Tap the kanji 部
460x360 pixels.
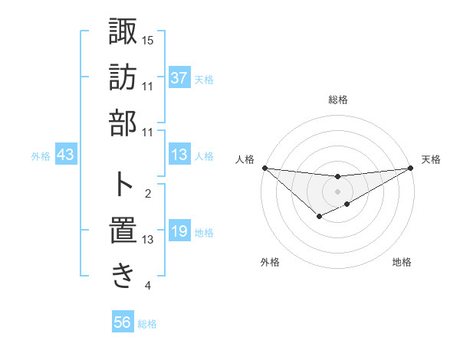tap(123, 121)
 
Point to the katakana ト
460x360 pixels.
tap(123, 184)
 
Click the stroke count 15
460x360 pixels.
tap(148, 40)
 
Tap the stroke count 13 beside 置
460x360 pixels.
tap(148, 240)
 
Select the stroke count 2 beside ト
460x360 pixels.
tap(148, 194)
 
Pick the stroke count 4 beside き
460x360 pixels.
tap(148, 286)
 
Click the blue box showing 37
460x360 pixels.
tap(179, 78)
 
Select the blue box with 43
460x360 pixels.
tap(66, 155)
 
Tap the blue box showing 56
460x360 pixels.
tap(123, 323)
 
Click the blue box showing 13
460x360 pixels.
tap(179, 155)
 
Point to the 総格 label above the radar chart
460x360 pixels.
tap(337, 100)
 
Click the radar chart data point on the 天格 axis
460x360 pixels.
tap(411, 168)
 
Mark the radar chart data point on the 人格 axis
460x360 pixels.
tap(264, 168)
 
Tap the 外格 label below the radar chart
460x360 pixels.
tap(270, 263)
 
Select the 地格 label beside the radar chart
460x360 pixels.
tap(402, 263)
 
